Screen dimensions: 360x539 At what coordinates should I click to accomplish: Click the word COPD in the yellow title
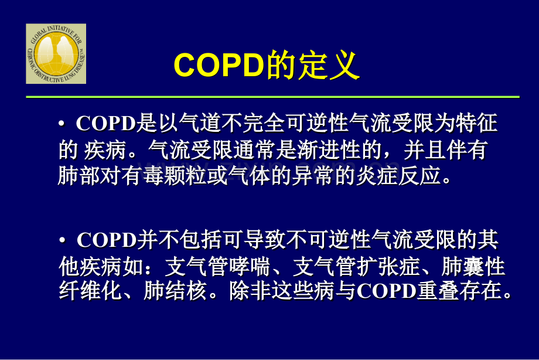[x=217, y=66]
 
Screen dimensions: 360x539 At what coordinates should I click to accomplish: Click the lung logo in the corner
[x=56, y=54]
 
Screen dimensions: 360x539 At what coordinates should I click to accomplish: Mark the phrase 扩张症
[x=397, y=267]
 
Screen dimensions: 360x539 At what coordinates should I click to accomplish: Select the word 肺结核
[x=175, y=293]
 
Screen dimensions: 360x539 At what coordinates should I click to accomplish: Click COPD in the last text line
[x=386, y=293]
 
